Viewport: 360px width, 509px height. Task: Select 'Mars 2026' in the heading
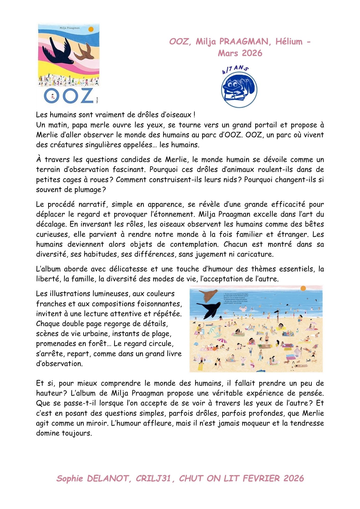[x=240, y=53]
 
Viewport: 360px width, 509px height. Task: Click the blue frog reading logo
[x=239, y=90]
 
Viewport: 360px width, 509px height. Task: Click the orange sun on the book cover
[x=91, y=29]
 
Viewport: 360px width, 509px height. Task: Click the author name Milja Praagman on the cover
[x=70, y=28]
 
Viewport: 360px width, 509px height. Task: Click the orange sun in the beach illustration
[x=303, y=288]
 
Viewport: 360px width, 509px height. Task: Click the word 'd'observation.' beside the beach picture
[x=59, y=364]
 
